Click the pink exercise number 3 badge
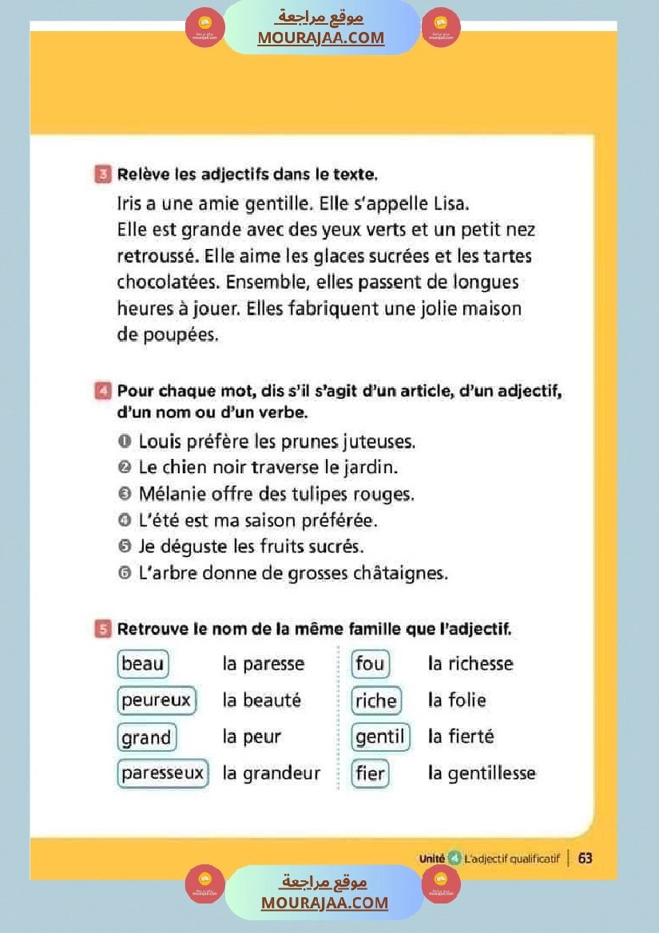[x=103, y=174]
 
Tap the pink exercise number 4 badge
[x=102, y=391]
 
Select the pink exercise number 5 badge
[x=102, y=630]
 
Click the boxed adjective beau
[x=143, y=664]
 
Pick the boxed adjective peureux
[x=157, y=701]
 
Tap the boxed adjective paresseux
[x=163, y=773]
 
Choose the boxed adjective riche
[x=376, y=701]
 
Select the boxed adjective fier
[x=371, y=773]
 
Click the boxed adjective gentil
[x=380, y=737]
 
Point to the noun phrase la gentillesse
[x=482, y=773]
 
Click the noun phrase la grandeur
[x=272, y=773]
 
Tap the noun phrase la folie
[x=457, y=701]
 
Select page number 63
[x=586, y=858]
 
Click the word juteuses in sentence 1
[x=378, y=441]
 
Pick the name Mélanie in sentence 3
[x=169, y=494]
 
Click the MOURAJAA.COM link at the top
[x=320, y=38]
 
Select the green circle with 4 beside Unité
[x=455, y=858]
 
